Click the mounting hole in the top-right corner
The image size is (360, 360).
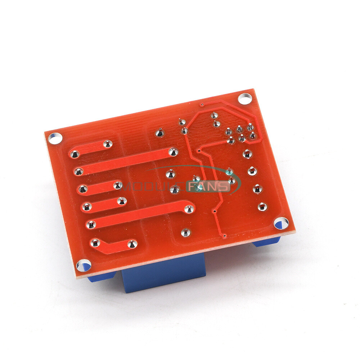coord(245,98)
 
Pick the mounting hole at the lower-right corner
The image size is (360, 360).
coord(281,223)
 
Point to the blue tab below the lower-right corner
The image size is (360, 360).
coord(266,242)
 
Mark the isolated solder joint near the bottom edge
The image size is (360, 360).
coord(185,233)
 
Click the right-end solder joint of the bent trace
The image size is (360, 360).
coord(132,244)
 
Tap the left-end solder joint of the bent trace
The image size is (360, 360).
coord(95,243)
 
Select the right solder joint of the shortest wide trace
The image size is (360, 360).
coord(108,144)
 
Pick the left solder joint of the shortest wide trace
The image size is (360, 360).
coord(75,154)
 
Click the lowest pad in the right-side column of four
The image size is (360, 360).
coord(262,206)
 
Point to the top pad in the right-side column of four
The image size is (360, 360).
coord(247,154)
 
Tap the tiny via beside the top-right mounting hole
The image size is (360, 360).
coord(202,105)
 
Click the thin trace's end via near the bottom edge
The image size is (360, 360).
coord(224,236)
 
